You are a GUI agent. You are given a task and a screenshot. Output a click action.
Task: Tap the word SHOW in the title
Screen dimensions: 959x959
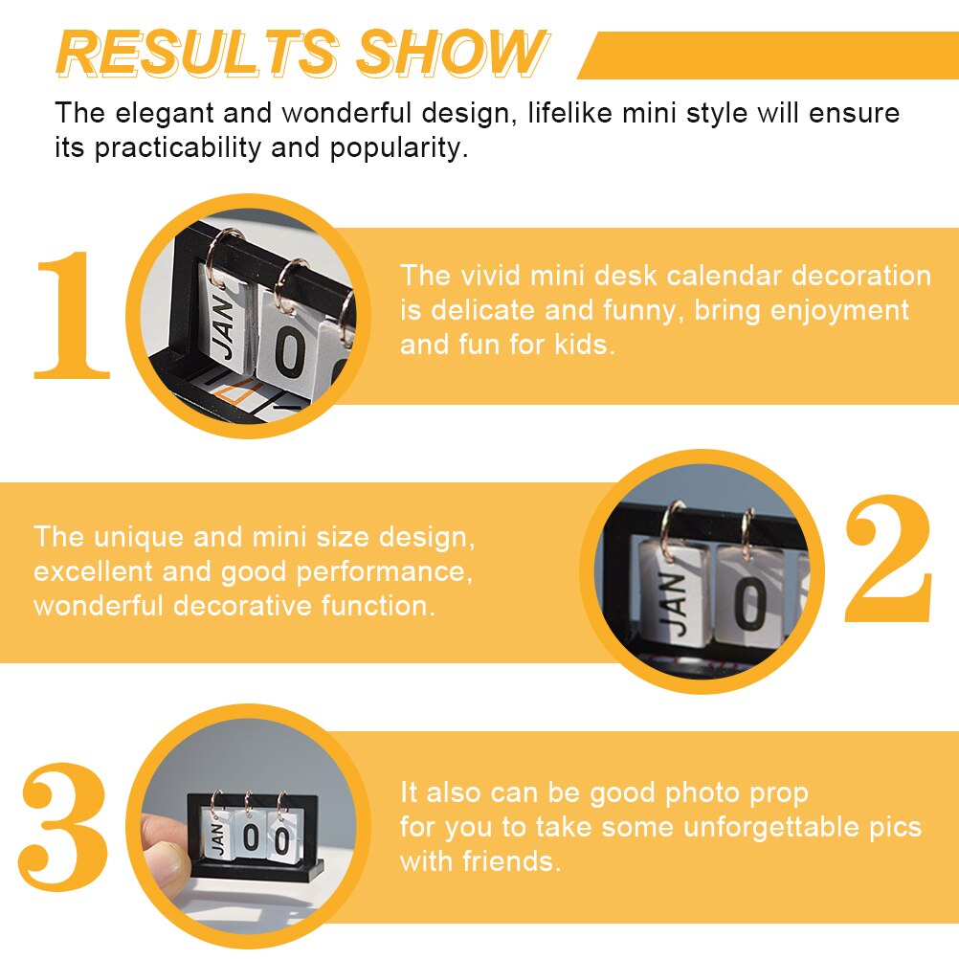coord(452,54)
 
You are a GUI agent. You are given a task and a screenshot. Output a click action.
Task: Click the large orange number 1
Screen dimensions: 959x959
coord(72,316)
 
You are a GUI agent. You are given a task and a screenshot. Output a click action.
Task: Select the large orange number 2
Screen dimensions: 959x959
coord(888,558)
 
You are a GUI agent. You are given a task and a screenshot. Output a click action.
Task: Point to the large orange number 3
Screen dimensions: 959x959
coord(63,826)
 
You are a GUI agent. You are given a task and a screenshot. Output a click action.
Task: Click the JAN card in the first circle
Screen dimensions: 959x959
coord(225,321)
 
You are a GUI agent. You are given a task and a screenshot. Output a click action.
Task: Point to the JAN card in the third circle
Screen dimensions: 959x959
coord(217,835)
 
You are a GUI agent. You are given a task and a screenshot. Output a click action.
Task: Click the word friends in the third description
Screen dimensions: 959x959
coord(511,861)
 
